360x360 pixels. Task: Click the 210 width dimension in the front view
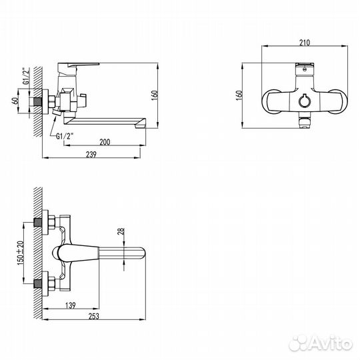coord(305,43)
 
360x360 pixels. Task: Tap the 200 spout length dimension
coord(105,142)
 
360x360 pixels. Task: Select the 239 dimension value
coord(91,155)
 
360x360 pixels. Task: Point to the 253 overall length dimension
coord(94,316)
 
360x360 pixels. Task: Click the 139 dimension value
coord(71,305)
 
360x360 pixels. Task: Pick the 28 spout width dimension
coord(121,231)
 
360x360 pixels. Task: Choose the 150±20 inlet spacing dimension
coord(21,253)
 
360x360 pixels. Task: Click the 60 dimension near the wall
coord(15,101)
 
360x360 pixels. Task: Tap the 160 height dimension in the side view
coord(155,95)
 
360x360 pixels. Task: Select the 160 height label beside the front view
coord(239,95)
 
